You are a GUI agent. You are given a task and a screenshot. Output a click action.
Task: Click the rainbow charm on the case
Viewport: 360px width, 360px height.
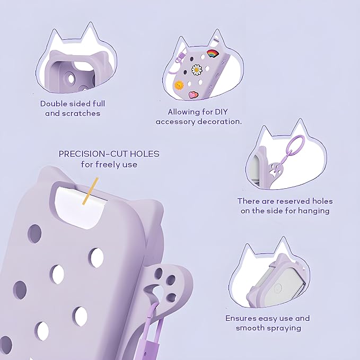213,54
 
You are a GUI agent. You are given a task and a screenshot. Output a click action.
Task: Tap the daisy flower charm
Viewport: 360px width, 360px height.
197,70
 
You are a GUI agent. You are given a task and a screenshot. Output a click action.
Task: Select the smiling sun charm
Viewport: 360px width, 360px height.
179,85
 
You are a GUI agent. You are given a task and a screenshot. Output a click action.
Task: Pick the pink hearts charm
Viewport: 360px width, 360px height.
193,94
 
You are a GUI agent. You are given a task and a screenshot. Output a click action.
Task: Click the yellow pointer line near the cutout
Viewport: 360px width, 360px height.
91,191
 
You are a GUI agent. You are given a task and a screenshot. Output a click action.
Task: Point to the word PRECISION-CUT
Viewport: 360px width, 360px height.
93,154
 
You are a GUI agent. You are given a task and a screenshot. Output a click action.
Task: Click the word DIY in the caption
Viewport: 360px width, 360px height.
221,112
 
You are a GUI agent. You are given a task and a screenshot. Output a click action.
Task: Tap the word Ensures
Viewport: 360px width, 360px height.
241,319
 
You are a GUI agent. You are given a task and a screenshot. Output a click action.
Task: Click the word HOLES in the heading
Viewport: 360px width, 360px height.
145,154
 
